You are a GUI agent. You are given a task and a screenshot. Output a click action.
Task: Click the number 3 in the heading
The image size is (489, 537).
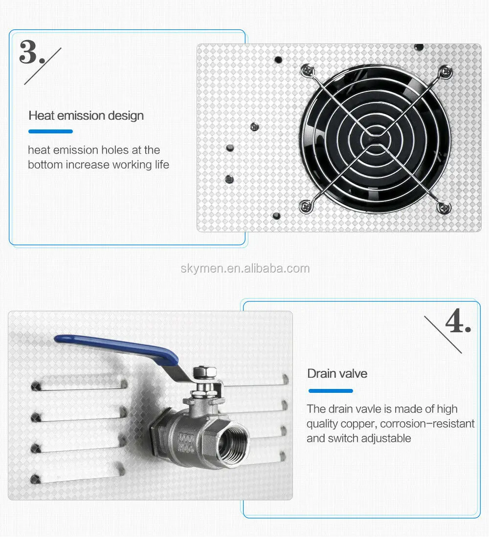click(28, 52)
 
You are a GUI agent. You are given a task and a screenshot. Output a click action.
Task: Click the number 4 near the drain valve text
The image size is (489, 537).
click(454, 321)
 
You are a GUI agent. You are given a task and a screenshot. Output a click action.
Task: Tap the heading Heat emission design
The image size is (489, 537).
click(86, 116)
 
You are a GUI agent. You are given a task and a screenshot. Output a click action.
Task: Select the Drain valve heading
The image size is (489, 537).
click(337, 373)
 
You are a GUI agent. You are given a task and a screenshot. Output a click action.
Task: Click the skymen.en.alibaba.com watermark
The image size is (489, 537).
click(245, 269)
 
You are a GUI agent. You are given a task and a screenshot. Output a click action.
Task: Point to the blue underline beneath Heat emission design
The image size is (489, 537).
click(51, 131)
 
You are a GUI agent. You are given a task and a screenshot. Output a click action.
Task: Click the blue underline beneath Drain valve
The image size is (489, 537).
click(331, 391)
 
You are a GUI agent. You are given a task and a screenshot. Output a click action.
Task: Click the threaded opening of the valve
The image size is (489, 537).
click(233, 445)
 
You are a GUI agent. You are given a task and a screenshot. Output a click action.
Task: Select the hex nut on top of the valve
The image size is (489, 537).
click(205, 371)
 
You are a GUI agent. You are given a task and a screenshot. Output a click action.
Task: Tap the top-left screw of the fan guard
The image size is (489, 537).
click(308, 70)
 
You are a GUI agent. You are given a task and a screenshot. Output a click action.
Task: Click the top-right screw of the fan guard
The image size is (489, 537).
click(445, 72)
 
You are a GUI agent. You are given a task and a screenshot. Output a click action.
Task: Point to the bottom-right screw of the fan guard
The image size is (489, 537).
click(444, 208)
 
